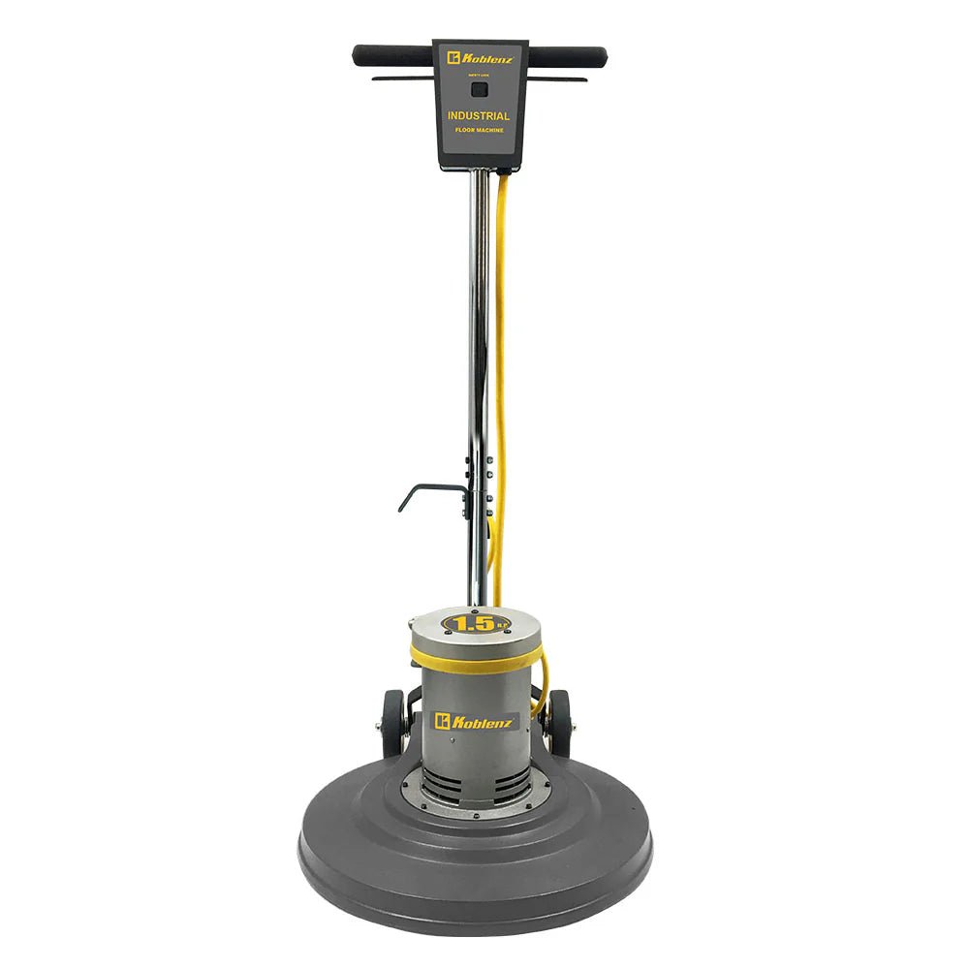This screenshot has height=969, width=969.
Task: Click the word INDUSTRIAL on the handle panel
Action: tap(479, 116)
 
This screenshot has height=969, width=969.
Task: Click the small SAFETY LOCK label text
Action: tap(479, 75)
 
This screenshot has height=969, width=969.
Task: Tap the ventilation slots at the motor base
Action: tap(475, 787)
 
